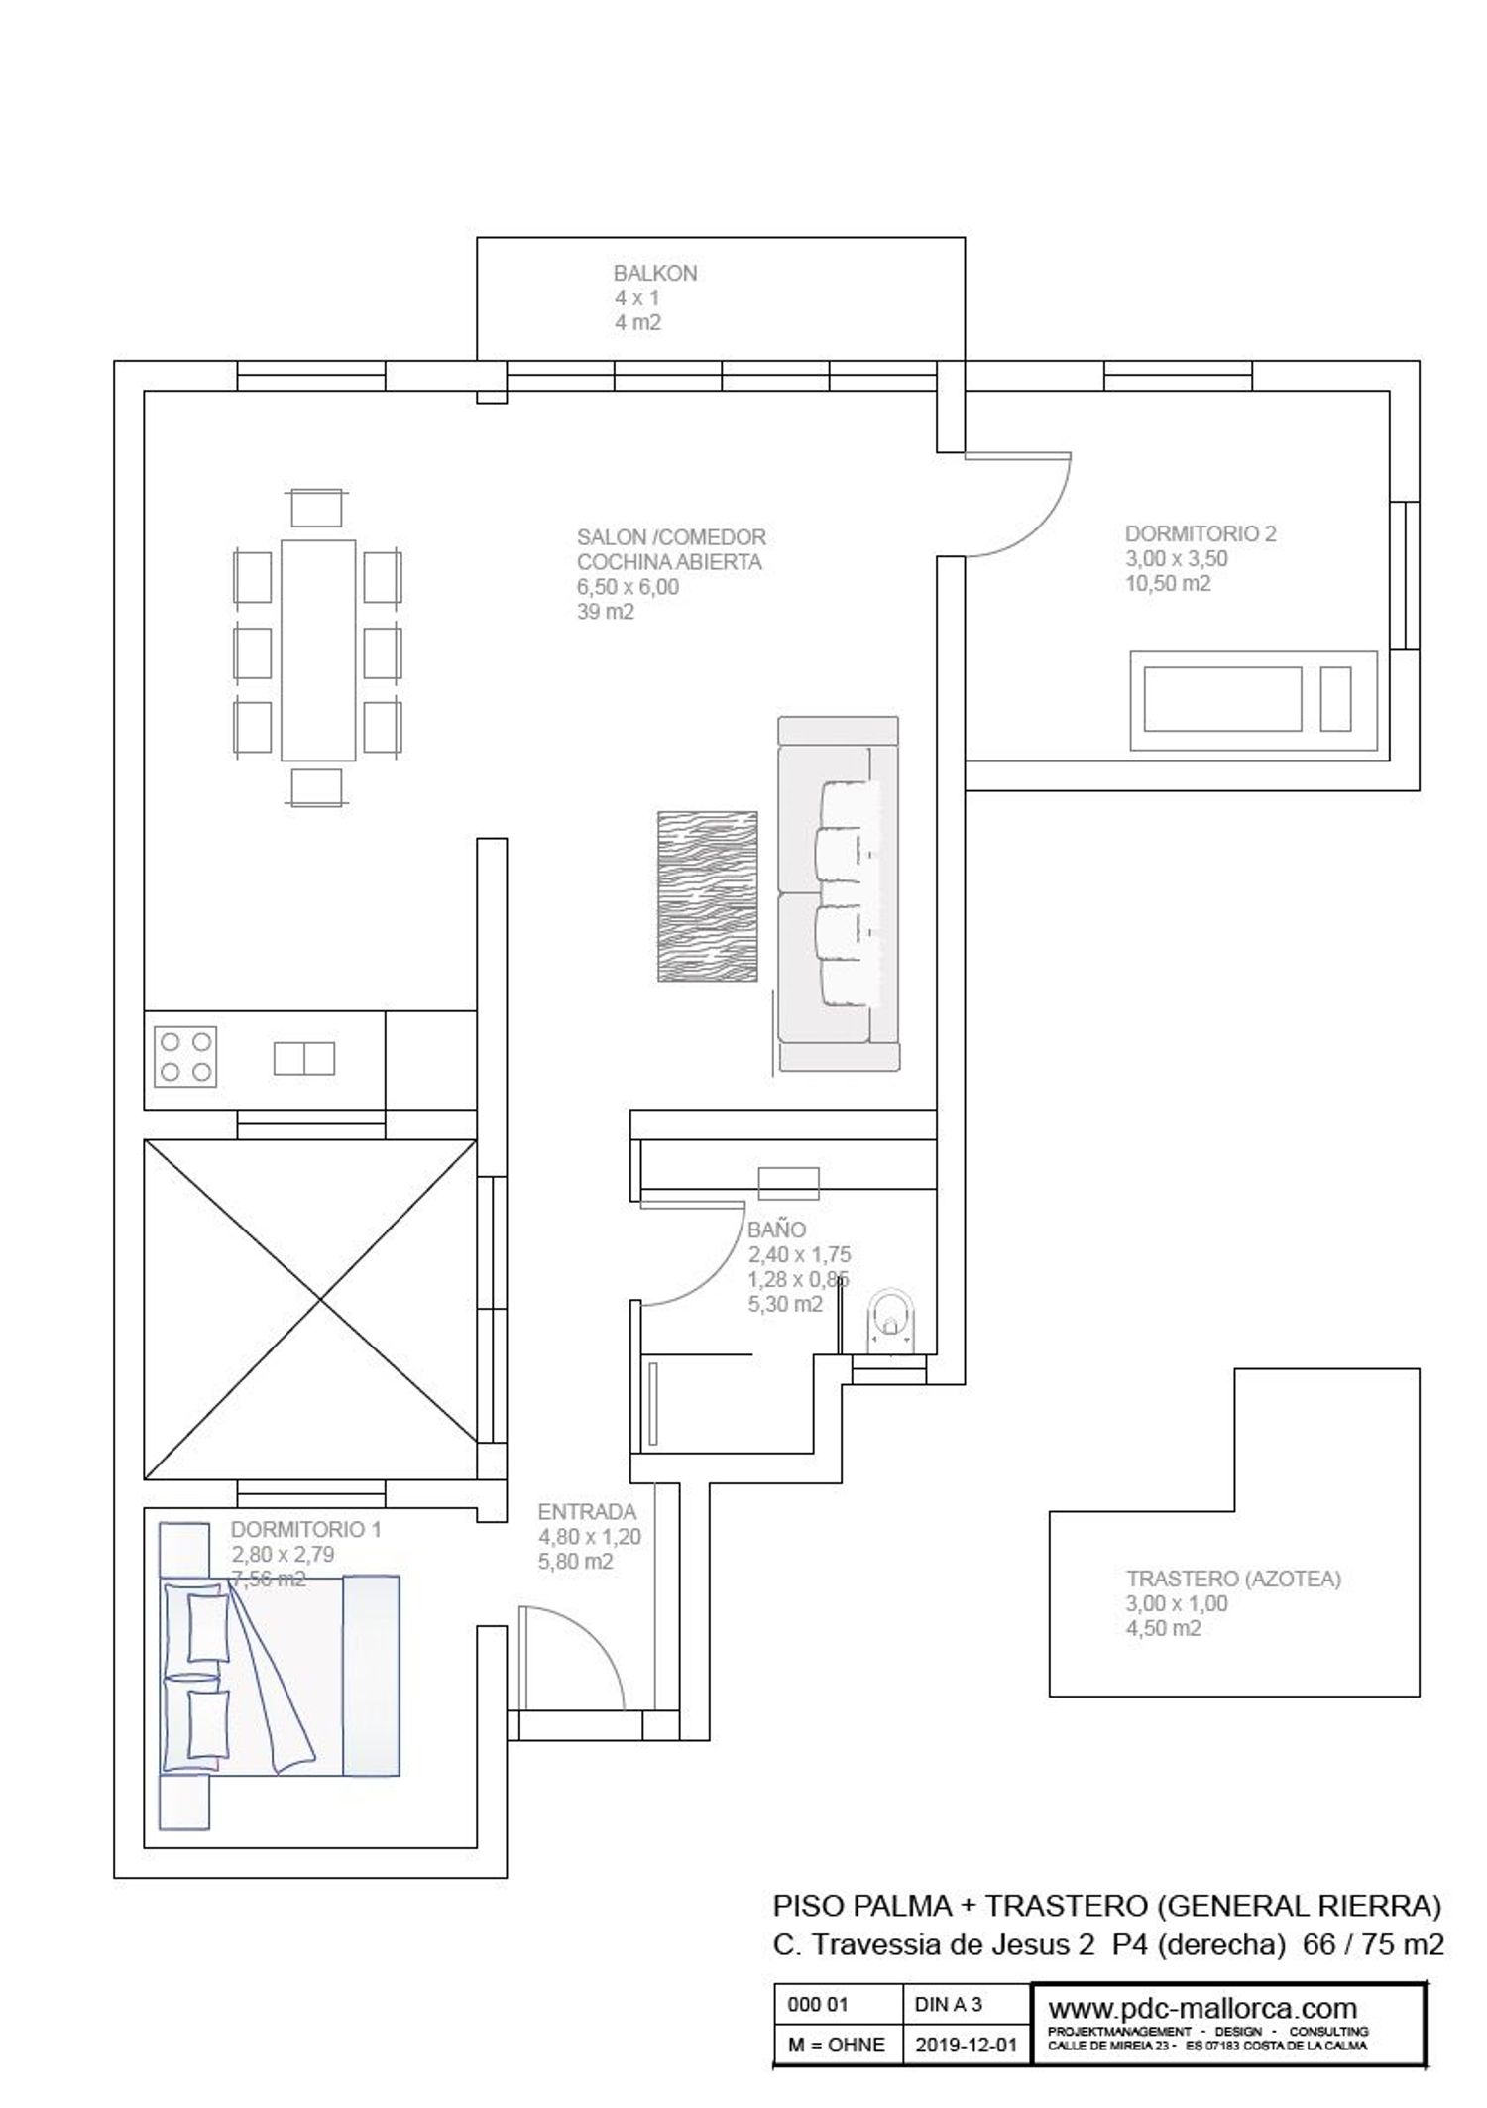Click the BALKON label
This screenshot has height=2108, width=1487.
(x=654, y=273)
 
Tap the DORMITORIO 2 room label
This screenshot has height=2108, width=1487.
(x=1201, y=533)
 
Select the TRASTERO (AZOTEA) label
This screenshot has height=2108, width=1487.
(x=1233, y=1579)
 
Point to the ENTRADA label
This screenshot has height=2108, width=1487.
(x=587, y=1512)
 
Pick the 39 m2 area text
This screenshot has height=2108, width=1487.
(x=605, y=612)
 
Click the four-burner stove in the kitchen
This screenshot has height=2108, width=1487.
(x=185, y=1057)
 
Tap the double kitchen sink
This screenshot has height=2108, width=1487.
(x=304, y=1058)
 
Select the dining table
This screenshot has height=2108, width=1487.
(x=318, y=649)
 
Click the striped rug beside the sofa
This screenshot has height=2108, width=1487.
(x=708, y=896)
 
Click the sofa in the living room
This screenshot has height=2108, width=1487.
(x=838, y=893)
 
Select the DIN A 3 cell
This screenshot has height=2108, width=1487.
(x=948, y=2004)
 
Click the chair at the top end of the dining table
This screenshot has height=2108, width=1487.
(x=317, y=508)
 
